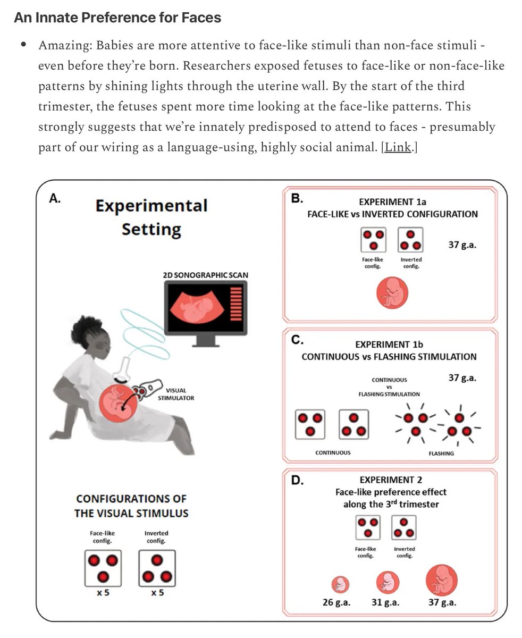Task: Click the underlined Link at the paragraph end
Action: click(x=398, y=147)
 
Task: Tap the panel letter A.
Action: click(x=55, y=199)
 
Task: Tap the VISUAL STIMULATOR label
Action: click(x=176, y=394)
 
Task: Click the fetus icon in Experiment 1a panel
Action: click(x=392, y=295)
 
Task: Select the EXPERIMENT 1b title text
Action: click(x=389, y=345)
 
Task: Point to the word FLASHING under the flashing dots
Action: click(x=441, y=454)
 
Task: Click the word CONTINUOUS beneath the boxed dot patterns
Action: click(x=333, y=453)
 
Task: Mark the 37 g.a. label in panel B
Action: click(x=461, y=246)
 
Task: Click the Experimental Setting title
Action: click(x=151, y=217)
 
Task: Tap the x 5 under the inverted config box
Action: click(x=156, y=592)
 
